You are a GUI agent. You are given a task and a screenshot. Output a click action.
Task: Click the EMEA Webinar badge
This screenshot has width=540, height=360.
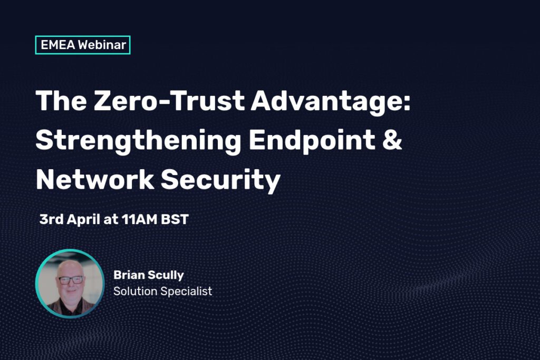(83, 45)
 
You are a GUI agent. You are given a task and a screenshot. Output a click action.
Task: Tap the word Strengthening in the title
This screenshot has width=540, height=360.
(138, 141)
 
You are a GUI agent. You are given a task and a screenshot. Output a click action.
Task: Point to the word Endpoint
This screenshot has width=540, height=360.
(312, 140)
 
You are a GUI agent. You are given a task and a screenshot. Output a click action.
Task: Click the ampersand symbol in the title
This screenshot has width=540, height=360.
(392, 140)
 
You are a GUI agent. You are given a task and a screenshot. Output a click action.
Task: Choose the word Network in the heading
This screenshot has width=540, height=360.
(95, 179)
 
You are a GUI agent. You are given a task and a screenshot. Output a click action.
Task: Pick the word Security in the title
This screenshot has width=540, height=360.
(220, 180)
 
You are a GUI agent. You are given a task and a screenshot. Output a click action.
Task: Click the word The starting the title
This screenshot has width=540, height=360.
(61, 101)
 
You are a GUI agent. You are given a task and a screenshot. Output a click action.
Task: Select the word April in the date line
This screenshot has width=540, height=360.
(83, 220)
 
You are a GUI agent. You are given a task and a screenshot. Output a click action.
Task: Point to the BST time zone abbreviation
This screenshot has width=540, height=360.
(175, 219)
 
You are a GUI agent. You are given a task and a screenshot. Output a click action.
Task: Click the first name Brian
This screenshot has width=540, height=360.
(129, 275)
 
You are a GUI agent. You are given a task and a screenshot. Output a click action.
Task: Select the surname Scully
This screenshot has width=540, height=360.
(166, 276)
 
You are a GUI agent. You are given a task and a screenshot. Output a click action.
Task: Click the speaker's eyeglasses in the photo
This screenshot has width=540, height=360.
(71, 280)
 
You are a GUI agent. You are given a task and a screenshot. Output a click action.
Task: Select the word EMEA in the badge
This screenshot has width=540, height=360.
(57, 45)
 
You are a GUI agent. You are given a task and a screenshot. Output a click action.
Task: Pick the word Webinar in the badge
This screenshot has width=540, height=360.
(102, 45)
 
